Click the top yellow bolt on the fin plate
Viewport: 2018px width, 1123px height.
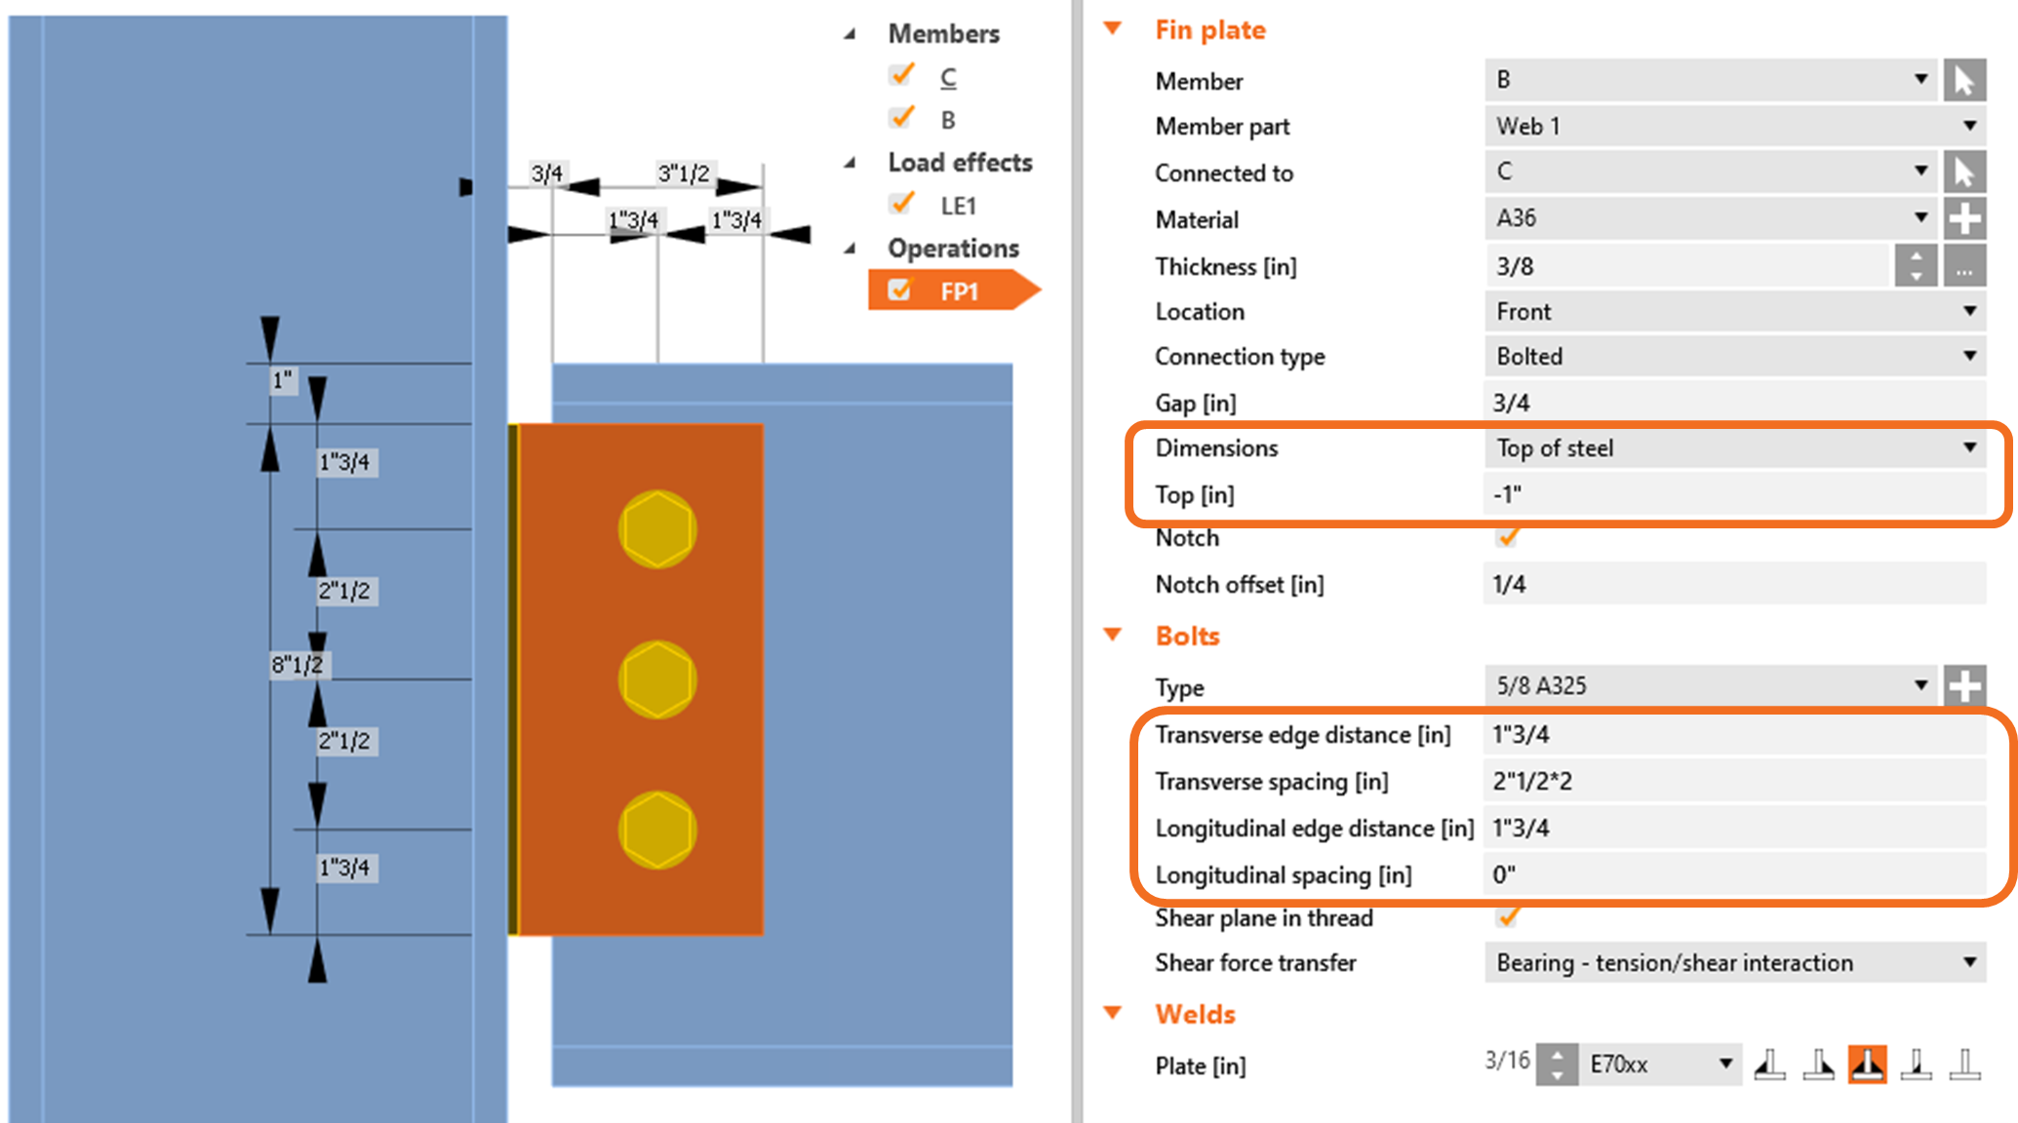pos(657,529)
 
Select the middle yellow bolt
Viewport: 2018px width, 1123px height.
pos(657,679)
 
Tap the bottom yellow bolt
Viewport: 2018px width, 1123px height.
pos(657,830)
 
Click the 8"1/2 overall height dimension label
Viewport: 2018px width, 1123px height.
pos(297,665)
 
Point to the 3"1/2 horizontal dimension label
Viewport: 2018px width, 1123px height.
pos(684,174)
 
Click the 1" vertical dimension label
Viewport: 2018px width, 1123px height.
pos(282,379)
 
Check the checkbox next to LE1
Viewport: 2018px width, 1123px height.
pos(902,205)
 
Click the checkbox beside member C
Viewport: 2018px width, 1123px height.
pos(902,76)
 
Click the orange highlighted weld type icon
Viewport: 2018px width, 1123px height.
pos(1867,1064)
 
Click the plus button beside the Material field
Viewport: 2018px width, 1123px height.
pos(1964,218)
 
